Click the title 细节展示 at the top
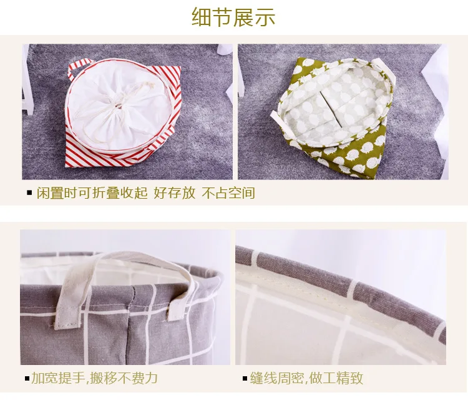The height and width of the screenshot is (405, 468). (233, 17)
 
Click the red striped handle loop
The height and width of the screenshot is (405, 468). (79, 69)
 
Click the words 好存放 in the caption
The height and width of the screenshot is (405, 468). (174, 193)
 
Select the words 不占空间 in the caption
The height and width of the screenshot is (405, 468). (228, 193)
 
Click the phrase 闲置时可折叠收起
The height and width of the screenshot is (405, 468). (92, 193)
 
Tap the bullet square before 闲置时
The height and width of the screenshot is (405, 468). (29, 192)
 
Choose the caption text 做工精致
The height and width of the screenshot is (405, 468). (336, 378)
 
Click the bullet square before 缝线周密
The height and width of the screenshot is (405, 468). (245, 379)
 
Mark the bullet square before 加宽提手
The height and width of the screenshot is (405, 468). (27, 379)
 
